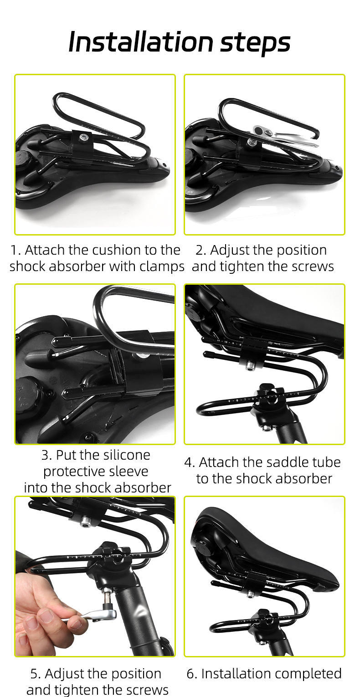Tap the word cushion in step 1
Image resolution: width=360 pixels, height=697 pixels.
[117, 250]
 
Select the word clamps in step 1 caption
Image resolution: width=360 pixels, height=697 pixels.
[162, 267]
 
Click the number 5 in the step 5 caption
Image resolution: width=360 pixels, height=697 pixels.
[34, 674]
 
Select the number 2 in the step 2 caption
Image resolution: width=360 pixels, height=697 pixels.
[200, 250]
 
